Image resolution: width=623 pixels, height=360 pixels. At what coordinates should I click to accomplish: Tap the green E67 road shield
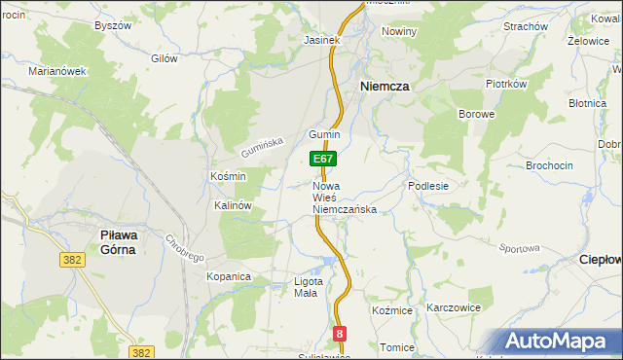pos(323,159)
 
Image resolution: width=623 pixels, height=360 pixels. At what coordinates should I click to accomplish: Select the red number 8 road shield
pos(339,334)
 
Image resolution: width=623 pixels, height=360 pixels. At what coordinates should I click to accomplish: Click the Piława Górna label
pos(124,241)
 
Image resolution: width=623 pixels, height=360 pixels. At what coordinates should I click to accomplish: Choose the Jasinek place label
pos(320,41)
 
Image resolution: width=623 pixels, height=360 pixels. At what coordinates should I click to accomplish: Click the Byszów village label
pos(112,25)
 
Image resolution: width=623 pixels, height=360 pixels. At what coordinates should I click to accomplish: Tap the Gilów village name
pos(165,58)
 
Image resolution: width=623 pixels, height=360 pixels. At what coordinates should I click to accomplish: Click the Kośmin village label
pos(228,176)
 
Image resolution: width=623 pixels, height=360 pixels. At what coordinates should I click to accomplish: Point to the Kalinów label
pos(234,206)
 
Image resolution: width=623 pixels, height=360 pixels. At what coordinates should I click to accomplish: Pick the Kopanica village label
pos(229,277)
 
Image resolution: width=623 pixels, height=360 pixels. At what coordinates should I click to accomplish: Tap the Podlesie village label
pos(428,186)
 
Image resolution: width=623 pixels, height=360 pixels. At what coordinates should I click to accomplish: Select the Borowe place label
pos(477,114)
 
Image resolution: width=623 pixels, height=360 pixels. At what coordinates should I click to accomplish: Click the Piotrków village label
pos(506,84)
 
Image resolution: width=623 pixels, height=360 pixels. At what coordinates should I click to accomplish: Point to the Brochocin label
pos(550,165)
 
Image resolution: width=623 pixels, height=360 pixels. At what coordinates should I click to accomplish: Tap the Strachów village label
pos(526,26)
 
